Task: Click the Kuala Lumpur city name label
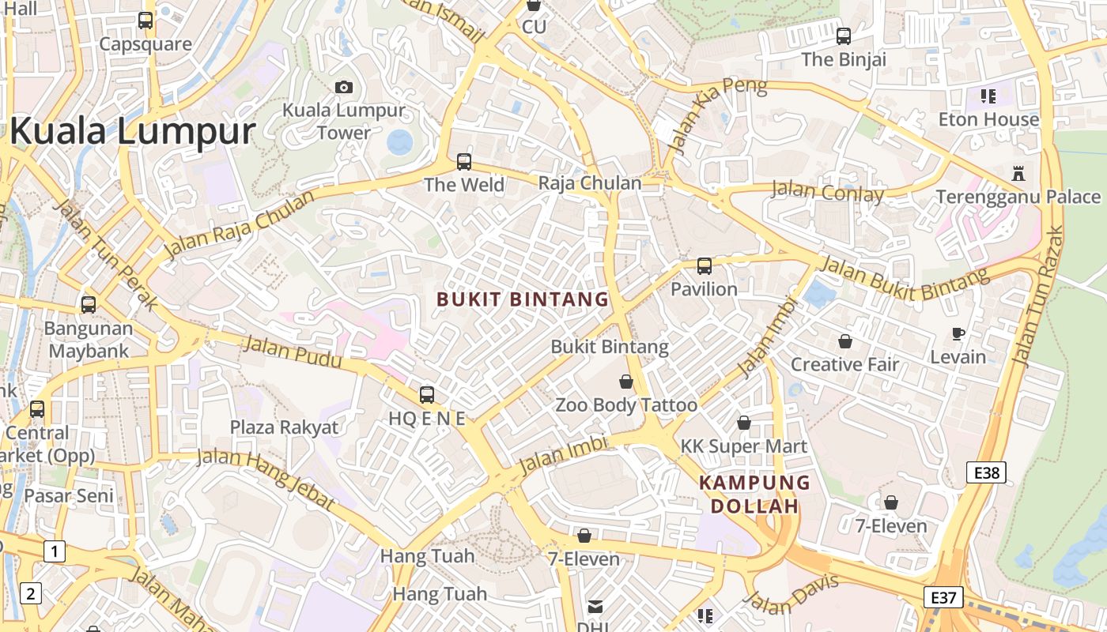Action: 132,131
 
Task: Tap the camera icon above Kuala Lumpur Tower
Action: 344,87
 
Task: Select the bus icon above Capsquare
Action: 145,21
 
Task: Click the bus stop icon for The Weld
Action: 464,162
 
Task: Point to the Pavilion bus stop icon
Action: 704,266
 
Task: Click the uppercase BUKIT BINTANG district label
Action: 523,299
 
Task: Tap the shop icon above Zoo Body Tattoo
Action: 626,382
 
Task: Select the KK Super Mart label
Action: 743,446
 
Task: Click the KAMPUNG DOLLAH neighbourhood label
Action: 754,494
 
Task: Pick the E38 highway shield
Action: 987,473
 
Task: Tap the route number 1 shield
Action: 54,551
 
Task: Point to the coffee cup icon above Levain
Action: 958,334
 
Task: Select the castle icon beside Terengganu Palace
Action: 1018,174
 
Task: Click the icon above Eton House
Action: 988,96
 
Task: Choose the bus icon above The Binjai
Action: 844,36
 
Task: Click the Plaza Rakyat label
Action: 284,427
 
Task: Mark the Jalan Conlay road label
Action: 827,191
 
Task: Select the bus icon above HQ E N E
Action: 427,394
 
